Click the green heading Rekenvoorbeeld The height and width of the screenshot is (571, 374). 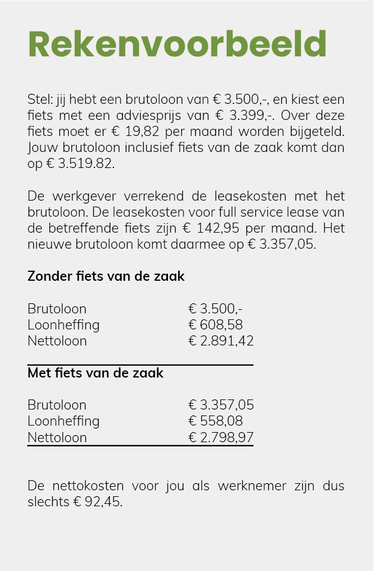tap(177, 43)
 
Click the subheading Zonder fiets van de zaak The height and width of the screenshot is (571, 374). tap(106, 276)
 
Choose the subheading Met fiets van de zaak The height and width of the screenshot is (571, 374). tap(95, 373)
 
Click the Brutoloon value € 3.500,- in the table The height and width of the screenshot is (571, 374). tap(215, 309)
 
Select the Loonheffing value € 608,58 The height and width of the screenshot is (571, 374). tap(215, 325)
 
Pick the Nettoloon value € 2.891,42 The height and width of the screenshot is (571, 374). tap(221, 341)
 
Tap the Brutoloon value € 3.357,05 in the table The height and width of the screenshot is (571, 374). tap(221, 405)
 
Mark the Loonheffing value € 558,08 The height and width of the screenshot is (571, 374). tap(215, 421)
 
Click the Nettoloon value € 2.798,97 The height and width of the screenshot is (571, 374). tap(221, 437)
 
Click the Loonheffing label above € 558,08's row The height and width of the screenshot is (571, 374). tap(64, 421)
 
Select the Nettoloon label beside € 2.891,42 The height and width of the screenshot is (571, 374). tap(57, 341)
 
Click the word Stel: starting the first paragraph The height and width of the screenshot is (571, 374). tap(39, 99)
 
